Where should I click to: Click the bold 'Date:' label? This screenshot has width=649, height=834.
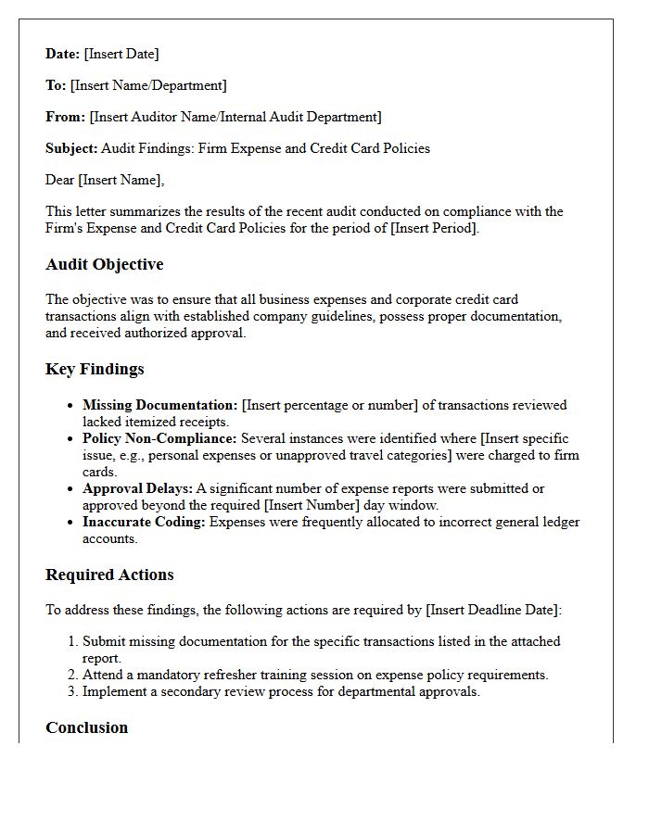coord(63,54)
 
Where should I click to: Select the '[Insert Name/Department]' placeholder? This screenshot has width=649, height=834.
coord(148,85)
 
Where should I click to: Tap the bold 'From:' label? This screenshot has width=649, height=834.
coord(66,117)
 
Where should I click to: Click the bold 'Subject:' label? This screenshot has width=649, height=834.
coord(71,148)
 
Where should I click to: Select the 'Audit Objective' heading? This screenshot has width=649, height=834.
coord(105,265)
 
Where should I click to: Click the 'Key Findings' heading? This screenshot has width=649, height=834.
coord(95,369)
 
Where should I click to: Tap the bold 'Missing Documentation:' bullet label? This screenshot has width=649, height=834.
coord(160,405)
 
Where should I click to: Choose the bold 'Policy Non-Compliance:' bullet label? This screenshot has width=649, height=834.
coord(159,438)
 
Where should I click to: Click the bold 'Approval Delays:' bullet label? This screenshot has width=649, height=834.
coord(137,488)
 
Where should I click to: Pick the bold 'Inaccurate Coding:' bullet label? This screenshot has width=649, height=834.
coord(144,522)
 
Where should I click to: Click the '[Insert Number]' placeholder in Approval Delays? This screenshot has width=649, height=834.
coord(307,505)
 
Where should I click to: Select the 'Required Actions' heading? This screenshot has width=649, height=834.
coord(109,575)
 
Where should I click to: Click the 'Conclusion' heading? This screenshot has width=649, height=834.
coord(87,727)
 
